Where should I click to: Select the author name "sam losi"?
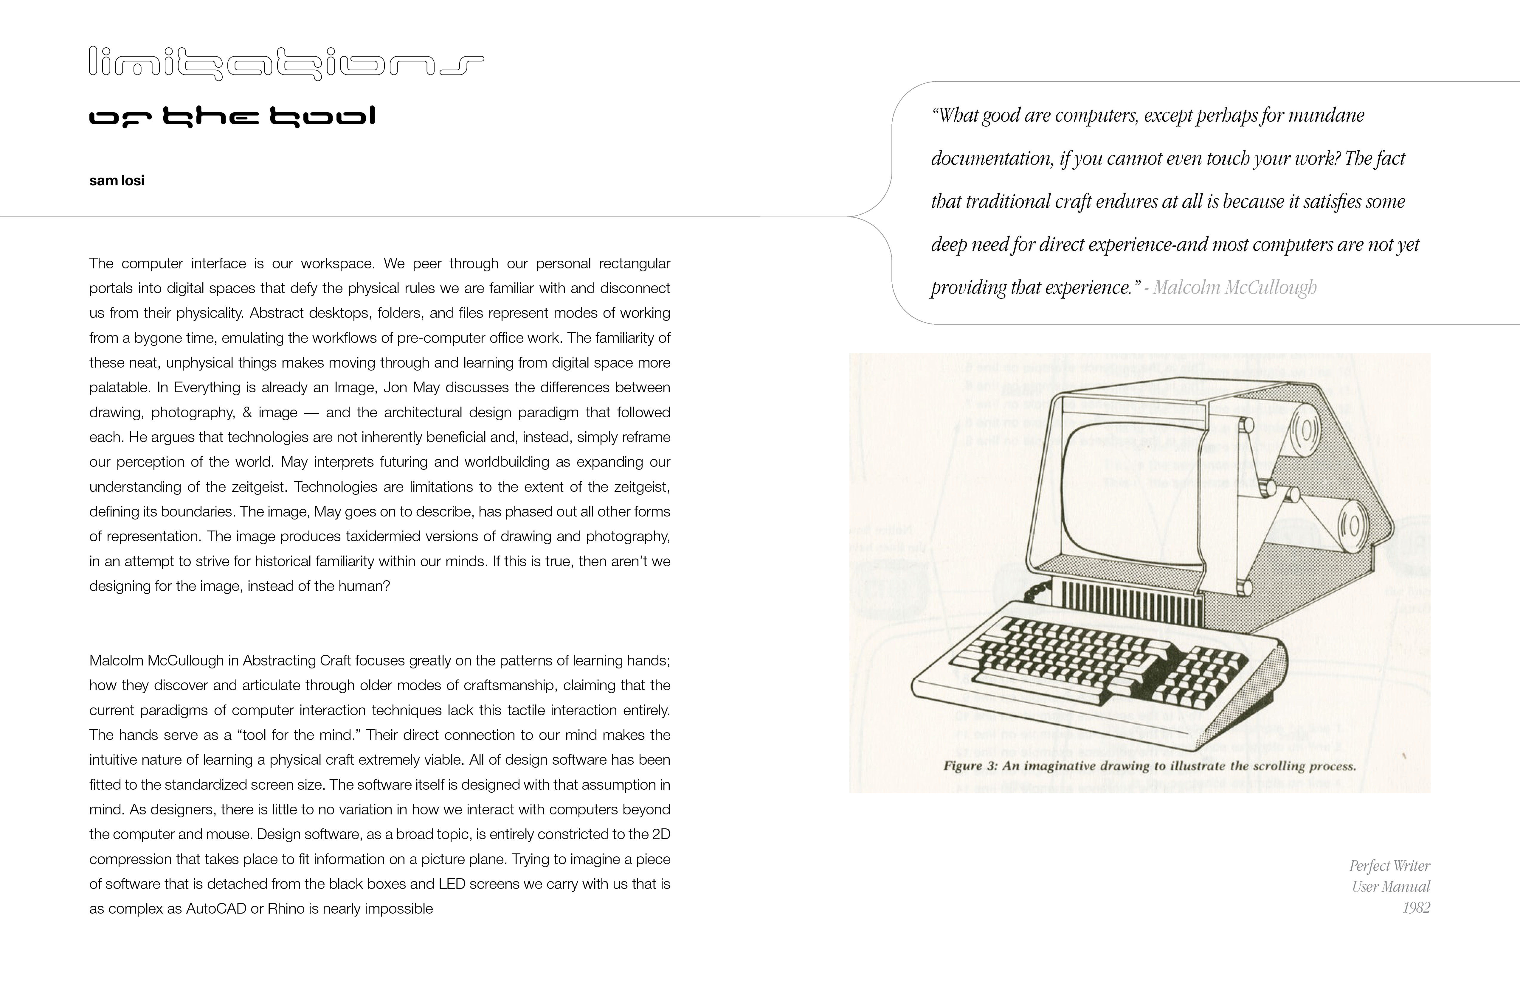tap(117, 181)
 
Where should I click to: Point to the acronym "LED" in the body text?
tap(452, 884)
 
